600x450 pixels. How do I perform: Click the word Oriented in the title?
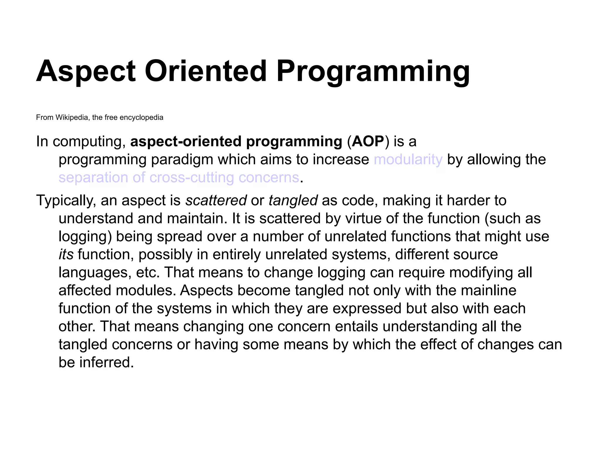[206, 71]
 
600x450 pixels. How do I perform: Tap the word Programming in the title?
[373, 71]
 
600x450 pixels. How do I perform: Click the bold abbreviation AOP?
[368, 142]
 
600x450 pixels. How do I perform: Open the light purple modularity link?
[408, 160]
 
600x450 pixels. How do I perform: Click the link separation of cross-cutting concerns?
[179, 178]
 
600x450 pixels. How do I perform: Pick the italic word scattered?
[216, 201]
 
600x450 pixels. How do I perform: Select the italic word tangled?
[293, 201]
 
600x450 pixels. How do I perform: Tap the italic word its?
[66, 255]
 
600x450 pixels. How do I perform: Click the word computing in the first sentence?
[87, 142]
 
